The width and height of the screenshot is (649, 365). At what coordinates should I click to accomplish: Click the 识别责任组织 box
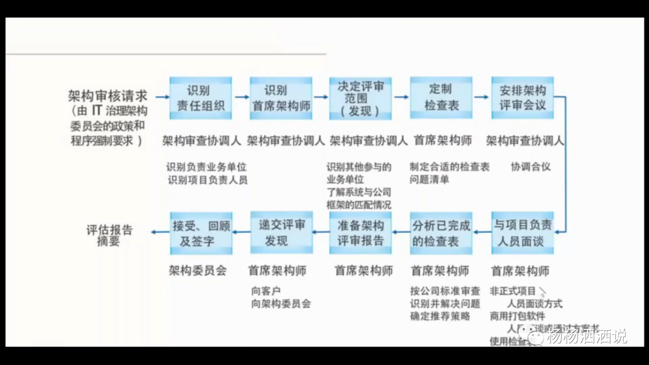click(201, 98)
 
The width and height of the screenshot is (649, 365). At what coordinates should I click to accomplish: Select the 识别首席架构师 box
click(281, 98)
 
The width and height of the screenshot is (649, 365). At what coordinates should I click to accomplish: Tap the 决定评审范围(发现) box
click(361, 98)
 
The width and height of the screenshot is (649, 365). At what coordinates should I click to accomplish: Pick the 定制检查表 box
click(441, 98)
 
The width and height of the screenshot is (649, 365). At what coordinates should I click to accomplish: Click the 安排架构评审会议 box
click(522, 98)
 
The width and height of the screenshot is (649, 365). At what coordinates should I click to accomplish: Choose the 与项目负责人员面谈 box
click(522, 233)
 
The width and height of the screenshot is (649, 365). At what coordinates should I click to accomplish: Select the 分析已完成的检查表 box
click(441, 233)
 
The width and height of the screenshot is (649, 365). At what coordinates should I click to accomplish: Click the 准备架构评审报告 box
click(361, 233)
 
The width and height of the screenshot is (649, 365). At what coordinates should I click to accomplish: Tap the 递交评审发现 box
click(281, 233)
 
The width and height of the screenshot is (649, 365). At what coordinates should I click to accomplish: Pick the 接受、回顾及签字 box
click(201, 233)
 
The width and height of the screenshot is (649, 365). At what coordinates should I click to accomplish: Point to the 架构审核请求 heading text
click(107, 95)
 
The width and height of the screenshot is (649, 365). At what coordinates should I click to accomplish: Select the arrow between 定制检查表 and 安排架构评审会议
click(481, 96)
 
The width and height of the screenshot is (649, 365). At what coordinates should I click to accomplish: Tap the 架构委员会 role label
click(198, 271)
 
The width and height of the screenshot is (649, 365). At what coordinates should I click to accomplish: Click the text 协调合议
click(531, 166)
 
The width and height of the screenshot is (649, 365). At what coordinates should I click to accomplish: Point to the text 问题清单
click(430, 179)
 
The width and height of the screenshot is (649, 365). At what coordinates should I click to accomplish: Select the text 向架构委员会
click(281, 304)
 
